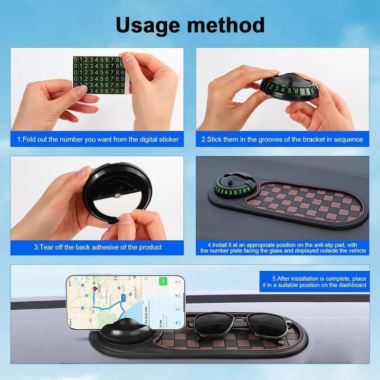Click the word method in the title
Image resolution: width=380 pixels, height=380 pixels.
(x=228, y=24)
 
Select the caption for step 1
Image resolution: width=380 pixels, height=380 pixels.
(x=98, y=139)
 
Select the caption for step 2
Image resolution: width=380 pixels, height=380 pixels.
(x=282, y=139)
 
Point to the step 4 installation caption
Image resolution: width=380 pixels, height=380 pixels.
(x=282, y=248)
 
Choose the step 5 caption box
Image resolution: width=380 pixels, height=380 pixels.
(x=314, y=281)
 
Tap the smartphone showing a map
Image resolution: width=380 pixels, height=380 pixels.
(x=125, y=302)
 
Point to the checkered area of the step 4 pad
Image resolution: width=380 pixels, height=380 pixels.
(x=306, y=202)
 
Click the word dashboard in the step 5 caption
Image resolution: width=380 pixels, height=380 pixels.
(x=348, y=285)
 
